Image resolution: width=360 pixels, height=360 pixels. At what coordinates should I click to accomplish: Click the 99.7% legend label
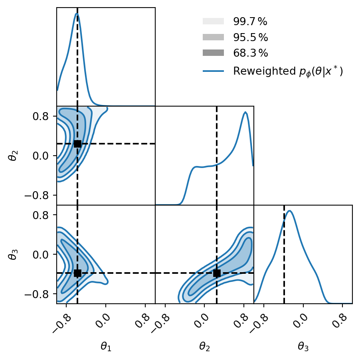click(x=251, y=22)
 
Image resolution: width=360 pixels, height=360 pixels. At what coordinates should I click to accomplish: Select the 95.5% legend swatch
click(x=214, y=37)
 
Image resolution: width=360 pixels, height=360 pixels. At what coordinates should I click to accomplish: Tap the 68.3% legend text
click(x=251, y=53)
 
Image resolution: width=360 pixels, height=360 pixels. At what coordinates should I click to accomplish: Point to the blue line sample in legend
click(x=214, y=71)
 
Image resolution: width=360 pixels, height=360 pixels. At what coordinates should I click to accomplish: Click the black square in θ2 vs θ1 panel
click(x=77, y=144)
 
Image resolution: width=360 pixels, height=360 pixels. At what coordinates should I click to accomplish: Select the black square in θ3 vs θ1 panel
click(x=77, y=273)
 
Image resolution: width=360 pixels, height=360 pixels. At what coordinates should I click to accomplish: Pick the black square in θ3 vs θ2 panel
click(x=217, y=273)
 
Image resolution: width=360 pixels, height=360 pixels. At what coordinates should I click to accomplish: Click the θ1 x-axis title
click(x=106, y=347)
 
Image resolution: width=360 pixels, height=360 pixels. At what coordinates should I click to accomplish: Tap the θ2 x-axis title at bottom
click(x=204, y=347)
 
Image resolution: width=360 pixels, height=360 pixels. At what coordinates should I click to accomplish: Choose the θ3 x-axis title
click(x=303, y=347)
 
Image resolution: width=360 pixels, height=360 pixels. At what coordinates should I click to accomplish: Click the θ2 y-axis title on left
click(x=12, y=156)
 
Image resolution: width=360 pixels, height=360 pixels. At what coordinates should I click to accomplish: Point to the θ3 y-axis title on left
click(x=12, y=254)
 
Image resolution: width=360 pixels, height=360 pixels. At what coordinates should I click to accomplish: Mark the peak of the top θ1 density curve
click(x=77, y=14)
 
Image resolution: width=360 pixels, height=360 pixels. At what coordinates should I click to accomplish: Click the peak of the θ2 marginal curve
click(x=245, y=112)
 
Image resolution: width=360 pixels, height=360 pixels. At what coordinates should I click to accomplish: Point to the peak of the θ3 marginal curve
click(x=290, y=211)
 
